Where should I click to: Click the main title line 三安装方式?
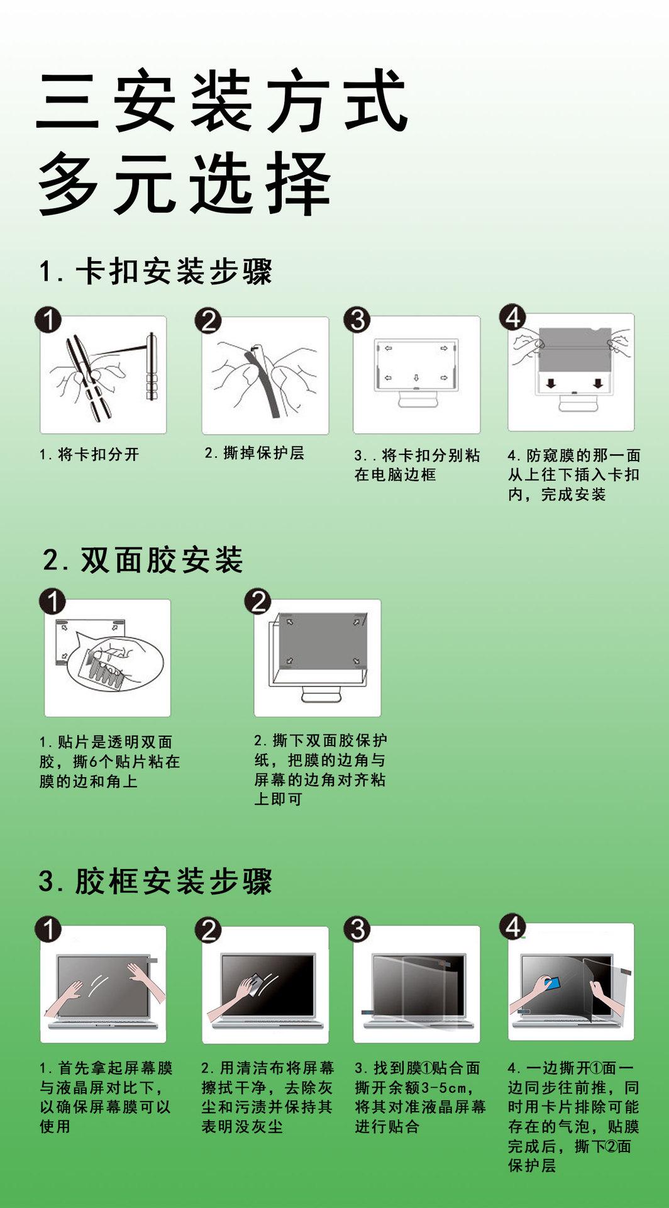coord(222,101)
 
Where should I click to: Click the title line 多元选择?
coord(185,183)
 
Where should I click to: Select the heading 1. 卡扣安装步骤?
coord(155,272)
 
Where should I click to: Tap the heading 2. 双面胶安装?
coord(143,559)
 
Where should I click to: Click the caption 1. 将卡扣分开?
coord(89,454)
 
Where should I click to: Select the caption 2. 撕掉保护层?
coord(255,453)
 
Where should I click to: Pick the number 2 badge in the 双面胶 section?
coord(258,602)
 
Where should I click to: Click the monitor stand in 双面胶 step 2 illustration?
coord(322,693)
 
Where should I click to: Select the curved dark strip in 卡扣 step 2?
coord(264,381)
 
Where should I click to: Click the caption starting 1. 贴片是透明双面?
coord(109,762)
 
